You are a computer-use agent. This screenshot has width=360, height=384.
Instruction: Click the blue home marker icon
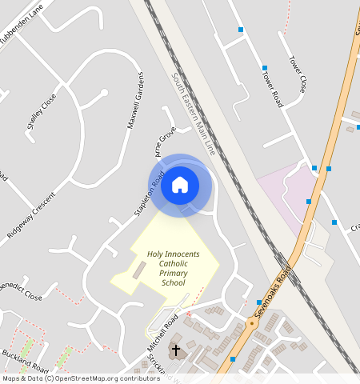point(180,185)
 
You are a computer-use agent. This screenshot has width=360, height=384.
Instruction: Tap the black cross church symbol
point(176,350)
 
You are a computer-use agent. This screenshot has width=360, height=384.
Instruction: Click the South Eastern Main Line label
point(194,114)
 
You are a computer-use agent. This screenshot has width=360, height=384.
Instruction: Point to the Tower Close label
point(298,74)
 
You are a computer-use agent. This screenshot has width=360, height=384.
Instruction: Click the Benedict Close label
point(20,290)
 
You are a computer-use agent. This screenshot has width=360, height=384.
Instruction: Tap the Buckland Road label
point(26,361)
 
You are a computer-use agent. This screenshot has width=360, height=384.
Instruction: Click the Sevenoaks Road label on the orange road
point(270,299)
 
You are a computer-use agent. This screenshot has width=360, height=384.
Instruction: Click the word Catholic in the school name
point(174,263)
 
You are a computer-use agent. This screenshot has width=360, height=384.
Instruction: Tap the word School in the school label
point(173,282)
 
